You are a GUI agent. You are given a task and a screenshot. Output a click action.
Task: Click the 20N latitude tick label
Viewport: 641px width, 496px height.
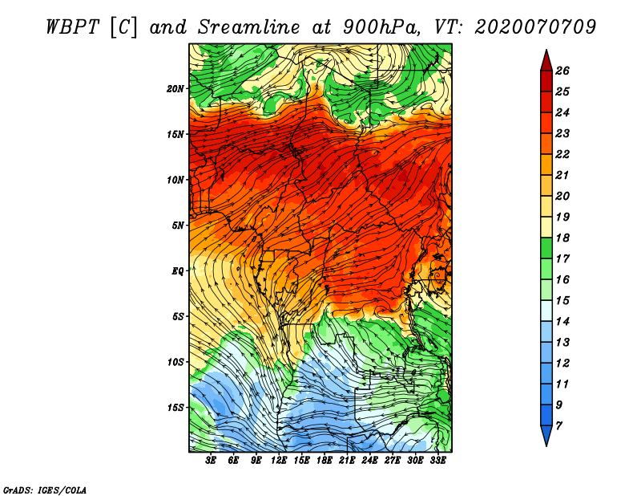175,89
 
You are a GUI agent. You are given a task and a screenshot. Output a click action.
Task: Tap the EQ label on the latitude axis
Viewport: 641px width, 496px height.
177,271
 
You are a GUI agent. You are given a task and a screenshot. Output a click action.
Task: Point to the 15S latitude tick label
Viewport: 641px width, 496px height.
175,408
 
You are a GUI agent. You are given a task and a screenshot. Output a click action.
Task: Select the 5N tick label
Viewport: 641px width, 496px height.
178,226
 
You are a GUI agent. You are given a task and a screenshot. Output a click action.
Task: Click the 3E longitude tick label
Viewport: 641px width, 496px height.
211,461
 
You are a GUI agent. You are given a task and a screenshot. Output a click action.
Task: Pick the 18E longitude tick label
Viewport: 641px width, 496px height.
325,461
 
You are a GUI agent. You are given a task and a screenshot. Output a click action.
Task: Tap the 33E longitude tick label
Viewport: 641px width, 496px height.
437,461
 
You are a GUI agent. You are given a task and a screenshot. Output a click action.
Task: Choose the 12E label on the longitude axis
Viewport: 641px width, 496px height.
279,461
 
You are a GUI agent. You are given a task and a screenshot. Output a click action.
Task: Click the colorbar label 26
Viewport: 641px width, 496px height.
562,71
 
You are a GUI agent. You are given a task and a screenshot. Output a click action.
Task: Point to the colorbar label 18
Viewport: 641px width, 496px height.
562,238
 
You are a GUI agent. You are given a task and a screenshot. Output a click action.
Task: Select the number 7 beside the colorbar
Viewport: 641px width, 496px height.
558,426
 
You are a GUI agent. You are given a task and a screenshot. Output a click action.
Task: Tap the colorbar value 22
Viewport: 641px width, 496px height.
562,154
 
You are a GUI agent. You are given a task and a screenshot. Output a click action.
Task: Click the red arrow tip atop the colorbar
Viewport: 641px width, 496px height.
546,51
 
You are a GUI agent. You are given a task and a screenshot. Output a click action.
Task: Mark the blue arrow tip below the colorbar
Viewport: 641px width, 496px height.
546,445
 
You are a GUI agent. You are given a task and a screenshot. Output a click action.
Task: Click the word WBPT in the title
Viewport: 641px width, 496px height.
72,28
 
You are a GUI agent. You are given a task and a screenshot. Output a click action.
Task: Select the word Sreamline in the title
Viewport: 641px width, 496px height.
248,28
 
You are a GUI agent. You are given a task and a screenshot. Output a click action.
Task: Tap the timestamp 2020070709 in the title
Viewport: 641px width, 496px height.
535,27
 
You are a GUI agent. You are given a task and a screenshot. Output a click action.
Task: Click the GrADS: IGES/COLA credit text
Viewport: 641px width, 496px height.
45,490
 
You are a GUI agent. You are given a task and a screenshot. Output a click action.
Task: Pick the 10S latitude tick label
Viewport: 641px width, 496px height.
175,363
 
